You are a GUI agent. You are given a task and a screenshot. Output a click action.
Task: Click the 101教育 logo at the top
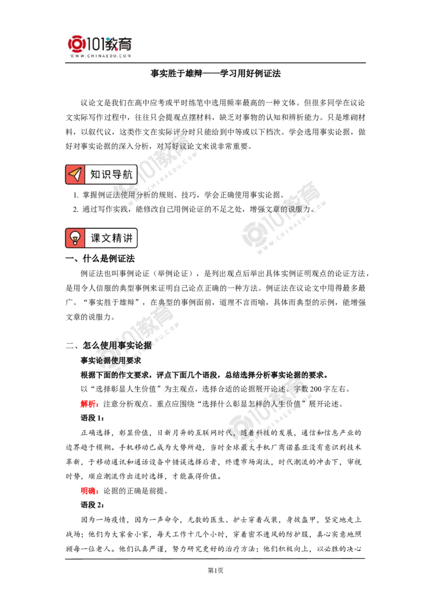(x=100, y=44)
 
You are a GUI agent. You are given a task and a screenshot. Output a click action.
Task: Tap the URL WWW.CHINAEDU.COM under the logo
(x=100, y=56)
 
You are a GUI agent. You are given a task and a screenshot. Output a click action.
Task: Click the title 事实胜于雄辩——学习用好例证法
(x=215, y=73)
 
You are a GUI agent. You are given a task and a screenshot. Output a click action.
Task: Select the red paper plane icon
(x=75, y=174)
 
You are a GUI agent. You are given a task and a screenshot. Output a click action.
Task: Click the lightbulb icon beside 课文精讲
(x=75, y=238)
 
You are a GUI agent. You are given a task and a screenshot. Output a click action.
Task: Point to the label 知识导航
(x=111, y=174)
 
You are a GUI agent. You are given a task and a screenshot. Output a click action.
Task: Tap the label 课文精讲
(x=112, y=238)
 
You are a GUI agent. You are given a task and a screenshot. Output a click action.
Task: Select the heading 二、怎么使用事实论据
(x=109, y=345)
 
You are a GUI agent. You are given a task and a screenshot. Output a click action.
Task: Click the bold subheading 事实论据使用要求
(x=111, y=361)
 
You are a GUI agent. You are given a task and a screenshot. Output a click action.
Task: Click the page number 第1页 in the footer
(x=215, y=570)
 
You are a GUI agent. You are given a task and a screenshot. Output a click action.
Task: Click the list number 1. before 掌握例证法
(x=77, y=195)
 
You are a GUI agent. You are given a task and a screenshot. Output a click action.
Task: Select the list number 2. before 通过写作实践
(x=77, y=209)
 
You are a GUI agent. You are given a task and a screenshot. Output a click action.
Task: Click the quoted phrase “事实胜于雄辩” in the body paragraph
(x=111, y=302)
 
